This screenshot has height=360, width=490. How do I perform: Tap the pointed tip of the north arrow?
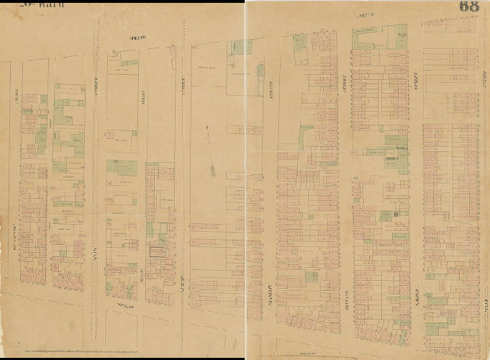point(207,127)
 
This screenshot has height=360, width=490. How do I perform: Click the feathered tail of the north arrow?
point(214,171)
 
